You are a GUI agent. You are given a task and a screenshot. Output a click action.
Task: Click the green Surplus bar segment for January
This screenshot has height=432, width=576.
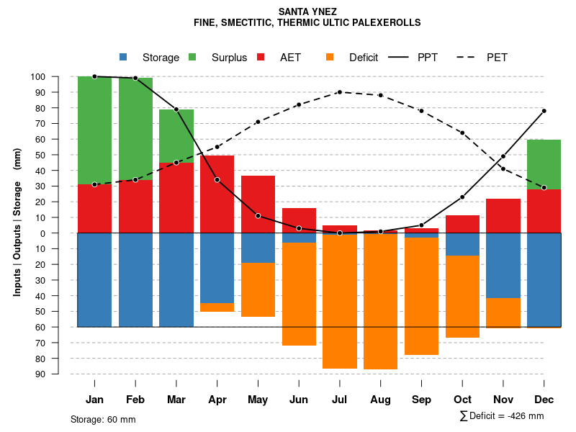click(x=94, y=130)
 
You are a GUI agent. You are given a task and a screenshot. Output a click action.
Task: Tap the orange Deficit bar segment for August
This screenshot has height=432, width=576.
click(x=381, y=302)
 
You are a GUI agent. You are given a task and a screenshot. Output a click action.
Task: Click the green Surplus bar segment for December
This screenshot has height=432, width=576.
click(x=544, y=164)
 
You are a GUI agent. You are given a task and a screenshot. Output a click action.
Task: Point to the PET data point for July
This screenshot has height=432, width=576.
click(x=340, y=92)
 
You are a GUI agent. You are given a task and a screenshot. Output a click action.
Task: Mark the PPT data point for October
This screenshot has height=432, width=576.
click(x=462, y=197)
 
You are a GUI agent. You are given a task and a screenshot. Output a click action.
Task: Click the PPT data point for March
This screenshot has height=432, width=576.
click(x=176, y=109)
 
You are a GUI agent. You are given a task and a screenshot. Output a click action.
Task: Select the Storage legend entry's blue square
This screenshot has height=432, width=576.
click(x=123, y=57)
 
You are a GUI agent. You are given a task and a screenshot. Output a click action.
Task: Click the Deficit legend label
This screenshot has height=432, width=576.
click(x=364, y=58)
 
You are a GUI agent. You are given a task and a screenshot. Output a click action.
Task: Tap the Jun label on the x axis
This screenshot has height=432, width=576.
click(x=299, y=400)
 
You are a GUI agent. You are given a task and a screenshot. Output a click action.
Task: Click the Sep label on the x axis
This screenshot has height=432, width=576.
click(x=421, y=400)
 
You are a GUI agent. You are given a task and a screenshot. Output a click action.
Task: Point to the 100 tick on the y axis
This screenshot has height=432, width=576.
click(x=58, y=77)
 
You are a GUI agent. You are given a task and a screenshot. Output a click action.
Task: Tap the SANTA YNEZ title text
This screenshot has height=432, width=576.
click(x=307, y=12)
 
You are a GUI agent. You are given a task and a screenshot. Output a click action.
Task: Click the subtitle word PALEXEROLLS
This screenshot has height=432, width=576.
click(x=385, y=23)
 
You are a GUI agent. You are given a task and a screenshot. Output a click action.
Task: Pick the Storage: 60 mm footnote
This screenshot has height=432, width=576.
click(x=103, y=419)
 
